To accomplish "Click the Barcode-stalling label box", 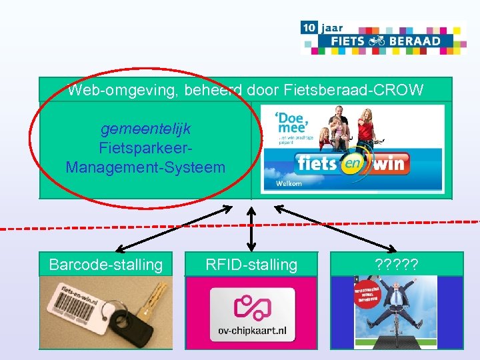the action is coord(105,265).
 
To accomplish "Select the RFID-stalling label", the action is coord(251,265).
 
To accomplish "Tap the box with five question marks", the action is coord(397,265).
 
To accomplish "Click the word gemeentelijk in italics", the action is coord(145,127).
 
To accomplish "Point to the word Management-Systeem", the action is coord(145,167).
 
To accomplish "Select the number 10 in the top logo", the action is coord(309,28).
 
